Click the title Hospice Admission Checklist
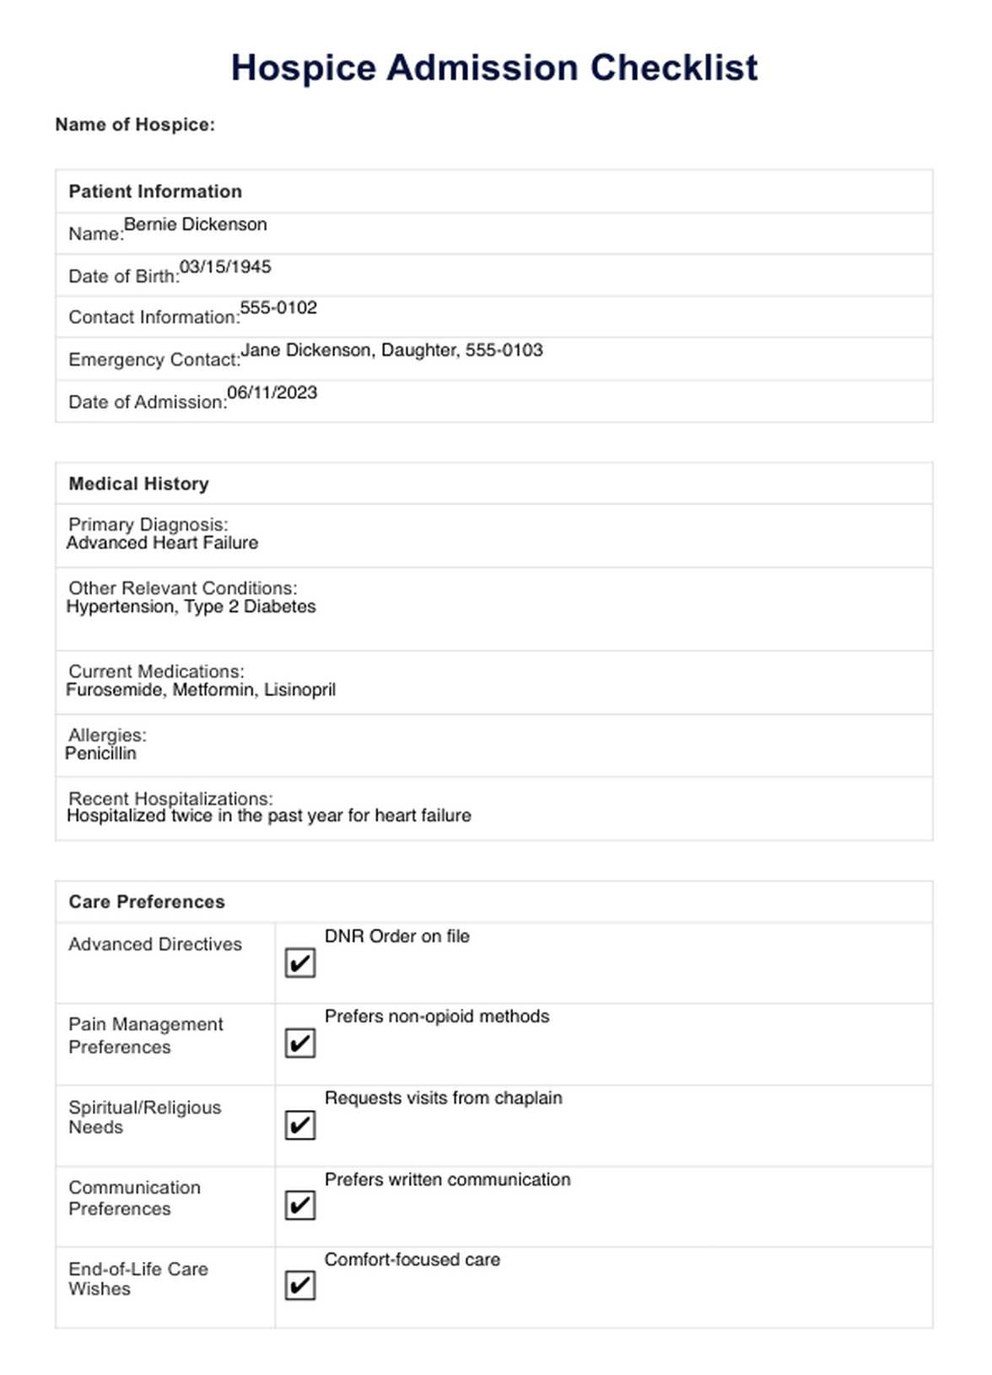[494, 68]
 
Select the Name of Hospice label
[135, 125]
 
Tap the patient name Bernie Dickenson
[195, 224]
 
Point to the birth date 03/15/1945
[225, 267]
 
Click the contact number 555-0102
[278, 308]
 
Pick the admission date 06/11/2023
[272, 392]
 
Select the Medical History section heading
[138, 483]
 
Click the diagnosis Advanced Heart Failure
[162, 542]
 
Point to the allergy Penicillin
[100, 753]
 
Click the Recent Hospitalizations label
[170, 798]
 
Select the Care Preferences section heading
[147, 902]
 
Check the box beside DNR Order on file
[299, 962]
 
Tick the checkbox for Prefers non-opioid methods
[299, 1043]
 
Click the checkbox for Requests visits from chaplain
[299, 1124]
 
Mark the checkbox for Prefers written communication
[299, 1205]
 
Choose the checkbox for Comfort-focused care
[299, 1286]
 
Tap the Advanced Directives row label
[155, 944]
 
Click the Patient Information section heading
[155, 191]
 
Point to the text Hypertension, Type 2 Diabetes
[191, 607]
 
